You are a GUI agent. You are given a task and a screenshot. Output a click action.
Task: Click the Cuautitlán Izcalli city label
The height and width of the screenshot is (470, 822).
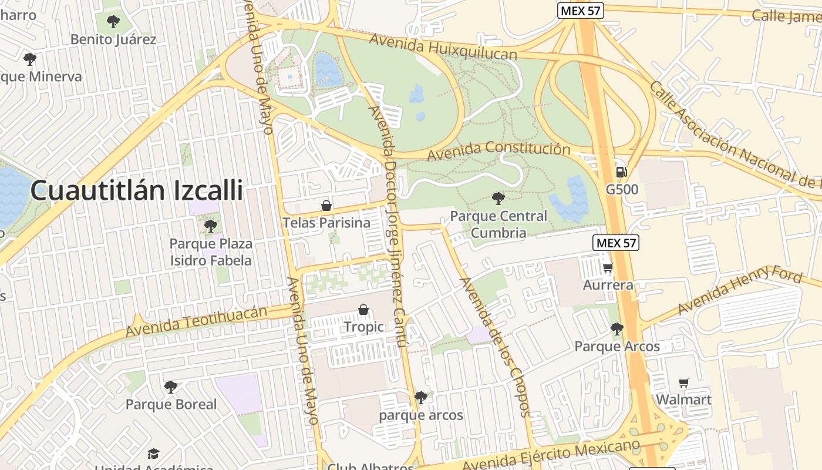coord(136,190)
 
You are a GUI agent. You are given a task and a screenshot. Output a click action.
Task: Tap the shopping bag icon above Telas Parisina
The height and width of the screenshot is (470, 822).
coord(326,206)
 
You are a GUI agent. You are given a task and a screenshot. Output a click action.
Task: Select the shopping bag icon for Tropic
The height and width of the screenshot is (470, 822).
coord(363,310)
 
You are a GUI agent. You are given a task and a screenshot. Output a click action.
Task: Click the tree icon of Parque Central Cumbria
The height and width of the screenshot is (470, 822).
coord(498,198)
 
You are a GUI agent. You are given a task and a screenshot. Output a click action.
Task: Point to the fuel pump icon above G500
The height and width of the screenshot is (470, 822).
coord(621,172)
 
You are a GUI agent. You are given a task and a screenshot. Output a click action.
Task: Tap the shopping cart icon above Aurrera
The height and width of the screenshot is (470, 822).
coord(608,268)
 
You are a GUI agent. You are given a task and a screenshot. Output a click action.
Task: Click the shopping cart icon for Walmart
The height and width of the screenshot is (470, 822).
coord(683,383)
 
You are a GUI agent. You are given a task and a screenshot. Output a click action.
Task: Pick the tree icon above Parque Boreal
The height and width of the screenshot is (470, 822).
coord(171,387)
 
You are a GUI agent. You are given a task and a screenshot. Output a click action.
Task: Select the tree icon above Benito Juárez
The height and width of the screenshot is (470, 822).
coord(113,22)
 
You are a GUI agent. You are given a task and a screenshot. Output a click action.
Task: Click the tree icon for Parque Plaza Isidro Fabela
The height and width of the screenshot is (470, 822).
coord(210,226)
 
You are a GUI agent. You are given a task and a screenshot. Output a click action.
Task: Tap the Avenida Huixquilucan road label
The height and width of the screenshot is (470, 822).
coord(443,46)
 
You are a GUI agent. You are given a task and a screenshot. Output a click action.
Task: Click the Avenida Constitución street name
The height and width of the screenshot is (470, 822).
coord(498,150)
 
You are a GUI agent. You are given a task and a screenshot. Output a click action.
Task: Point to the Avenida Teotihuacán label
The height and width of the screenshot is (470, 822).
coord(197,321)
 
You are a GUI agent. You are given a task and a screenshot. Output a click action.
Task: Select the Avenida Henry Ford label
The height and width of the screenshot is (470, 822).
coord(740,289)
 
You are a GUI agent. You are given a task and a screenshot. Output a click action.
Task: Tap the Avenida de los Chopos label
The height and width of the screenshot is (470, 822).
coord(495,347)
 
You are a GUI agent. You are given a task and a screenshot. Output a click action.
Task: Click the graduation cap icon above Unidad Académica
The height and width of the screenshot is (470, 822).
coord(153,454)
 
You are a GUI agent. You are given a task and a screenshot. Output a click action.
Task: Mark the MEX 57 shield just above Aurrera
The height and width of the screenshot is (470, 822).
coord(615,243)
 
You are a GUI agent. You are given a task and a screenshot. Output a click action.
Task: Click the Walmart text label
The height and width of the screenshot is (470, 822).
coord(683,399)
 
